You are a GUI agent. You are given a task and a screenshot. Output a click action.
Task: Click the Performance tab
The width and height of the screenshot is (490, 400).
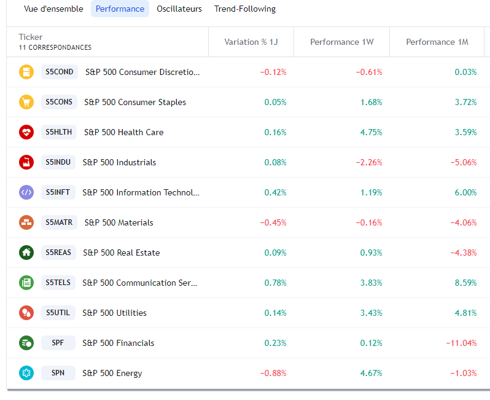pyautogui.click(x=120, y=9)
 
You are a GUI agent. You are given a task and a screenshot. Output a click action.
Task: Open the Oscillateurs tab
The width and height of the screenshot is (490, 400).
pyautogui.click(x=179, y=9)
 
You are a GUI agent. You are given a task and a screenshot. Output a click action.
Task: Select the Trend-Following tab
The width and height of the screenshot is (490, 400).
pyautogui.click(x=244, y=9)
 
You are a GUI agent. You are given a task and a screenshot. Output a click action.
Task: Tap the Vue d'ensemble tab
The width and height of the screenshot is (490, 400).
pyautogui.click(x=53, y=9)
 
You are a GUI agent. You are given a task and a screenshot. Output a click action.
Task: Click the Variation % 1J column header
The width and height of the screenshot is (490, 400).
pyautogui.click(x=251, y=42)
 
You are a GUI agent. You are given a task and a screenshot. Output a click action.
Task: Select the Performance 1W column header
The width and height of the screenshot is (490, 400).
pyautogui.click(x=341, y=42)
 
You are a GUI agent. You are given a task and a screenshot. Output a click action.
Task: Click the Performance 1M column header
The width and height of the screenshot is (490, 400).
pyautogui.click(x=437, y=42)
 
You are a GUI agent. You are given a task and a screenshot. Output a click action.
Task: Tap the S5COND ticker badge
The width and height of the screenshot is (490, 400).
pyautogui.click(x=60, y=72)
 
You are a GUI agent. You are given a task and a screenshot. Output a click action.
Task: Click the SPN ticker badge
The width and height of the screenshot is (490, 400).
pyautogui.click(x=58, y=373)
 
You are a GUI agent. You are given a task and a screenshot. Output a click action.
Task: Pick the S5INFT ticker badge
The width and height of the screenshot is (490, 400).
pyautogui.click(x=58, y=192)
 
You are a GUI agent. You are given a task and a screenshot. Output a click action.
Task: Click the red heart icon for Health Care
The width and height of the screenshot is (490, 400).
pyautogui.click(x=26, y=132)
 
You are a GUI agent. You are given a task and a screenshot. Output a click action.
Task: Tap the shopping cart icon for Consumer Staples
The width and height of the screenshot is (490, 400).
pyautogui.click(x=26, y=102)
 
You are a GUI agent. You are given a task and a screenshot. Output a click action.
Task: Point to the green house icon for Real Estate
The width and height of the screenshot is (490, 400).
pyautogui.click(x=26, y=253)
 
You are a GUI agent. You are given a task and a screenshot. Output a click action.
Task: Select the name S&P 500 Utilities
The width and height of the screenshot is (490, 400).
pyautogui.click(x=114, y=313)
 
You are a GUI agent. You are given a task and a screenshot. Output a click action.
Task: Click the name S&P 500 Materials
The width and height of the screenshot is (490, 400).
pyautogui.click(x=119, y=222)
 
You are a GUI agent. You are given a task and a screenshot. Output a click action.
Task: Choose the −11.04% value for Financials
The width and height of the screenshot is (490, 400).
pyautogui.click(x=461, y=343)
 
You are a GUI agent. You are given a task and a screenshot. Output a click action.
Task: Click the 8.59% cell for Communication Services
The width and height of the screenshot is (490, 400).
pyautogui.click(x=465, y=283)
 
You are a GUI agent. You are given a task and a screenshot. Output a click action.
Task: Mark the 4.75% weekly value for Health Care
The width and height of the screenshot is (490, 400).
pyautogui.click(x=371, y=132)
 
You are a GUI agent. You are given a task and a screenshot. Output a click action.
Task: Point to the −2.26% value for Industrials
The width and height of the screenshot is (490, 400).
pyautogui.click(x=369, y=162)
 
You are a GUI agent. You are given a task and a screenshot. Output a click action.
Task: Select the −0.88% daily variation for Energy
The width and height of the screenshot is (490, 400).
pyautogui.click(x=273, y=373)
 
